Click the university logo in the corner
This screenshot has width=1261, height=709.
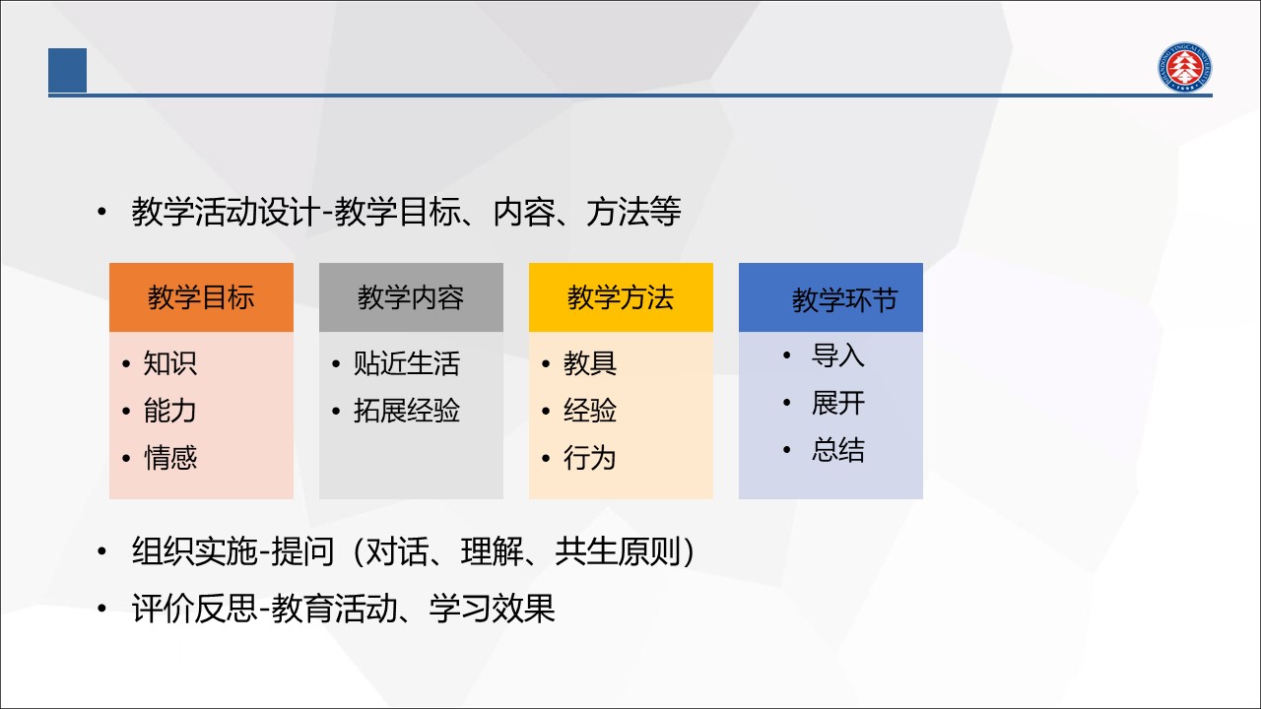click(1184, 67)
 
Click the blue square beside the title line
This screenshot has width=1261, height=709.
click(68, 70)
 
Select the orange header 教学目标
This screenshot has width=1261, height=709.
click(201, 297)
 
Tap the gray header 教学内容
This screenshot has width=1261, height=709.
click(411, 297)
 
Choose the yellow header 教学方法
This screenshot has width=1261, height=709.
click(621, 297)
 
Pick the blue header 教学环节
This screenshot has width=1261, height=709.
click(830, 297)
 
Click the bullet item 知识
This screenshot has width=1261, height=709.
click(170, 363)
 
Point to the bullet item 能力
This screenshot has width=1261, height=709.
click(170, 411)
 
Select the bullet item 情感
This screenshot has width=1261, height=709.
click(170, 458)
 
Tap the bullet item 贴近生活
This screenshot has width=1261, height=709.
click(407, 363)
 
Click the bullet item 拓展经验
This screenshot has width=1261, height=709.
click(407, 411)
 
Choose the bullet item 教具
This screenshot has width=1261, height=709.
click(590, 363)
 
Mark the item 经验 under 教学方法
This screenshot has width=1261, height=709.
click(590, 411)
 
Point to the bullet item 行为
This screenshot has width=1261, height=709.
click(589, 458)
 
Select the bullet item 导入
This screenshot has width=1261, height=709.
click(837, 355)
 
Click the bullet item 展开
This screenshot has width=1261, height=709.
click(837, 403)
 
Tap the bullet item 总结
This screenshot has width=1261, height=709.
click(837, 450)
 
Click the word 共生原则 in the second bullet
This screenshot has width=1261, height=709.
click(618, 550)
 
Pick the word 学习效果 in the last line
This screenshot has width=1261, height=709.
click(492, 609)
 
